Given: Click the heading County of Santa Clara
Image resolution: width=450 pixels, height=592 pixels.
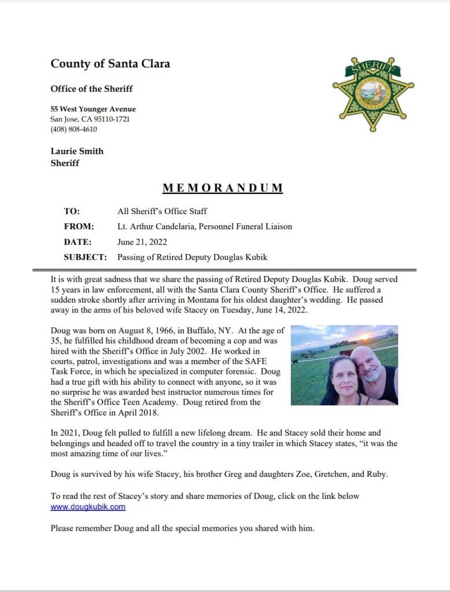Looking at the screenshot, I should coord(110,64).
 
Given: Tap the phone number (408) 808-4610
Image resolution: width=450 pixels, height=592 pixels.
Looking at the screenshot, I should coord(73,129).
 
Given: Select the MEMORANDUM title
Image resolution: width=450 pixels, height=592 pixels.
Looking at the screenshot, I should coord(223,188).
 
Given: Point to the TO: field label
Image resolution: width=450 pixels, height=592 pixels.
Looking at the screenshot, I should coord(72,211).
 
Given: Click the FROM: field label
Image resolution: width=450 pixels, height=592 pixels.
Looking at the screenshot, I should coord(79,227).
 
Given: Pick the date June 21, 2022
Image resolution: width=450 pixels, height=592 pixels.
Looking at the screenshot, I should coord(142,242).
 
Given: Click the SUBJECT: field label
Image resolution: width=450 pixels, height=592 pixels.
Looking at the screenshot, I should coord(85,258).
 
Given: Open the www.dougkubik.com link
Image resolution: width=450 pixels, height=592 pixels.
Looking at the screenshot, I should coord(88,507).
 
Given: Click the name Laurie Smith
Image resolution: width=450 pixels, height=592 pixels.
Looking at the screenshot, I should coord(77,151).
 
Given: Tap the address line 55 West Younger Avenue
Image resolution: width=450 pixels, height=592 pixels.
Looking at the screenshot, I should coord(93,109).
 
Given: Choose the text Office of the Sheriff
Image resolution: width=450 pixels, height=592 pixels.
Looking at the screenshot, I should coord(91,89).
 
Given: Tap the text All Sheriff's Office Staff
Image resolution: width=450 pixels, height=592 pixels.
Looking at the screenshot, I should coord(162,211).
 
